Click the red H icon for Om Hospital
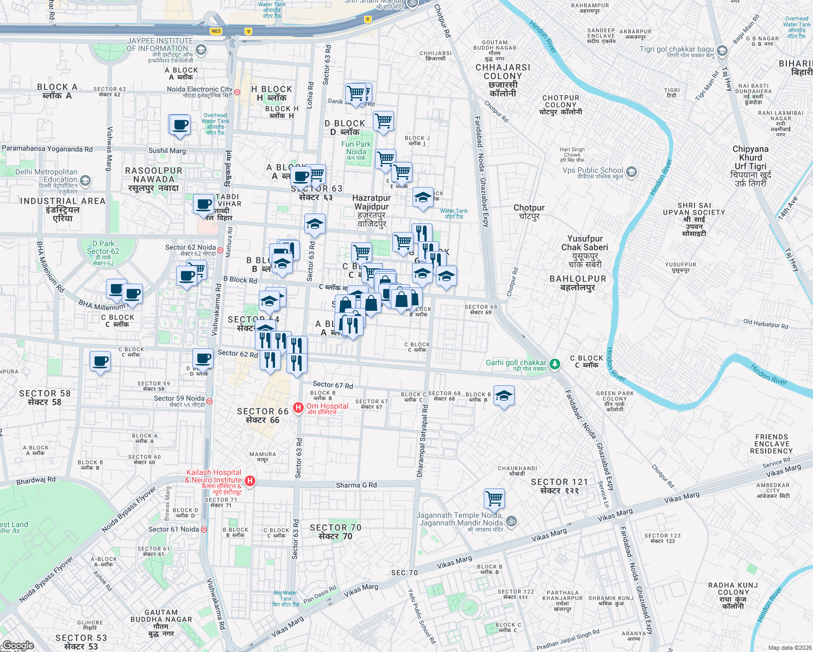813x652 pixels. point(298,407)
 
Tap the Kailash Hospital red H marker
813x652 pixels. point(250,481)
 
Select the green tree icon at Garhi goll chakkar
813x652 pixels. point(554,363)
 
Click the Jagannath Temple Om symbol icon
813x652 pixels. point(511,522)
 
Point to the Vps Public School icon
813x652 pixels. point(631,172)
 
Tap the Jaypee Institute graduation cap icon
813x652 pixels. point(201,51)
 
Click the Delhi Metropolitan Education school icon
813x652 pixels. point(85,180)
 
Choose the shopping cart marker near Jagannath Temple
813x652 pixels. point(494,497)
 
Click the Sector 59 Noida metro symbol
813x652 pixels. point(209,402)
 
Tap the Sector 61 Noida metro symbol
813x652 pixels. point(204,529)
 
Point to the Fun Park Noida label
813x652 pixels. point(356,148)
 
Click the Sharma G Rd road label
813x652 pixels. point(356,485)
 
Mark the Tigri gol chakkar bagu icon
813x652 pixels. point(722,51)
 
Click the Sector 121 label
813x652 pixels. point(560,486)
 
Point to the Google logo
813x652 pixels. point(18,645)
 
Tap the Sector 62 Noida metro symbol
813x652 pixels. point(221,250)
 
